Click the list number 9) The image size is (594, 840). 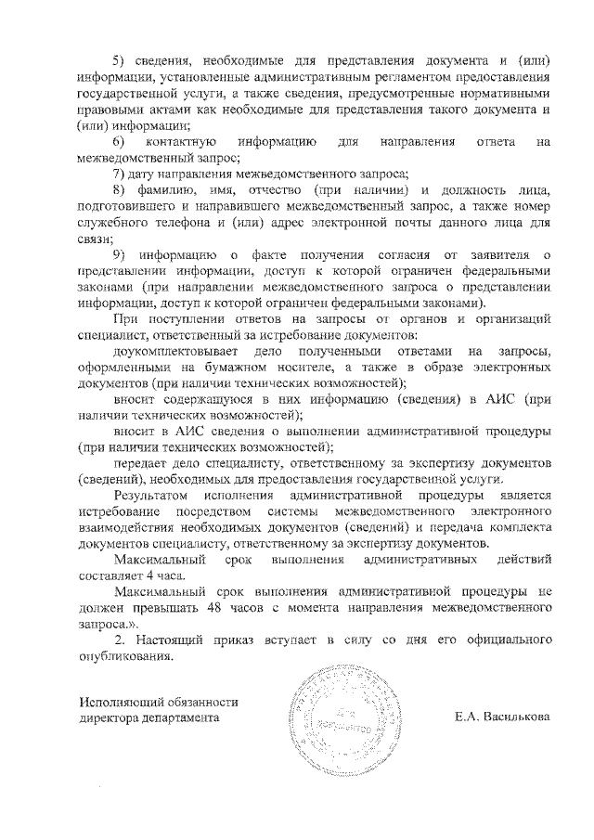click(119, 255)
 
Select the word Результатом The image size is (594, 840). click(148, 497)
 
